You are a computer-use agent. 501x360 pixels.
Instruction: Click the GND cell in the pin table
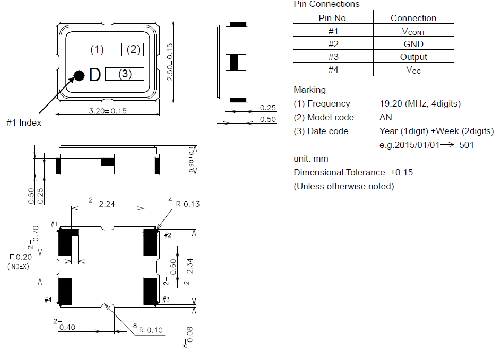click(413, 44)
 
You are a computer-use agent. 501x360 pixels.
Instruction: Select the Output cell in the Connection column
click(413, 57)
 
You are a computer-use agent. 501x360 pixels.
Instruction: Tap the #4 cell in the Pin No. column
click(333, 69)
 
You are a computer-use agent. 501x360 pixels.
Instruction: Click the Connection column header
click(413, 18)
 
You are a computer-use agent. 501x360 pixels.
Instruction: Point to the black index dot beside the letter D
click(79, 76)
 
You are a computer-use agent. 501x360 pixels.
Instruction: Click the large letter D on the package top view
click(95, 75)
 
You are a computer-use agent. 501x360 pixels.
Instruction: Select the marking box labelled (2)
click(132, 49)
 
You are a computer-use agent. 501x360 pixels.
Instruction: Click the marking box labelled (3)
click(125, 74)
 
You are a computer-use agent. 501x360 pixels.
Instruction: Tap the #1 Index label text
click(24, 122)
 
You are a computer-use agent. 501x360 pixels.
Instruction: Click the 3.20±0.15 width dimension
click(108, 111)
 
